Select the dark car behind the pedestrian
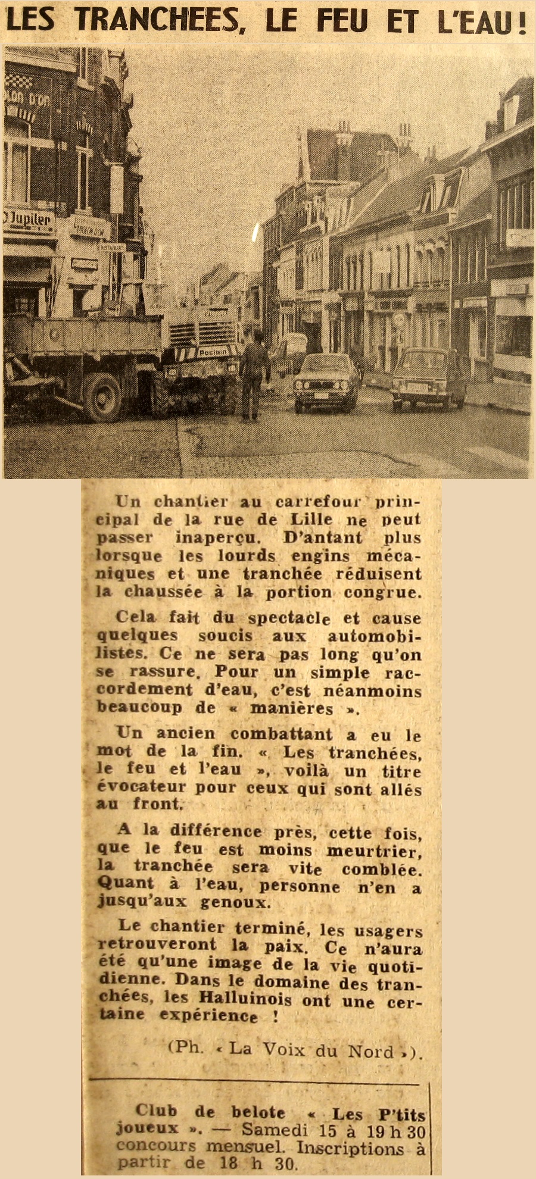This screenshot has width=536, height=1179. (x=326, y=383)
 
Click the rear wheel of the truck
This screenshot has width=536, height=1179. (x=103, y=396)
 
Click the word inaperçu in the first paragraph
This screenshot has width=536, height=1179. (x=217, y=537)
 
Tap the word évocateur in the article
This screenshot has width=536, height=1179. (x=141, y=787)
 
